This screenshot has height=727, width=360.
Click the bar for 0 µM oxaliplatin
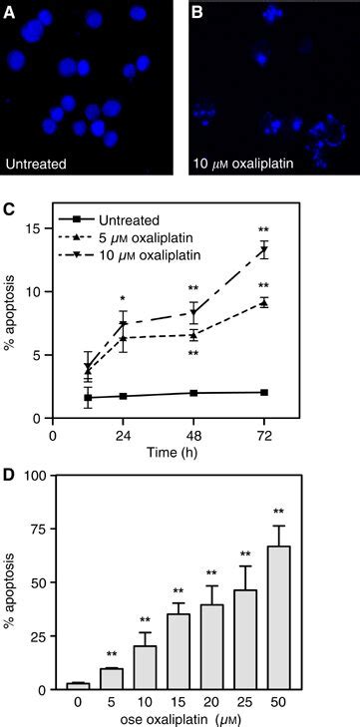[76, 685]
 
